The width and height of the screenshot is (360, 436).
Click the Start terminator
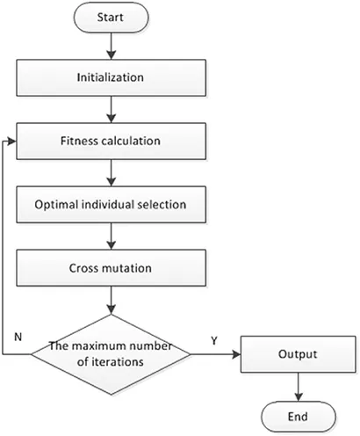click(x=111, y=18)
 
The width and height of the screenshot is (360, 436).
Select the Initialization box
click(x=111, y=77)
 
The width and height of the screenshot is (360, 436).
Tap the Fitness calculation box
click(x=111, y=142)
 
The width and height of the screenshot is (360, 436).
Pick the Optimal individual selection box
click(x=111, y=205)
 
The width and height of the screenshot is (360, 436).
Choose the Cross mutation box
click(x=111, y=268)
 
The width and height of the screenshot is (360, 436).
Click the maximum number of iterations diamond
click(x=111, y=354)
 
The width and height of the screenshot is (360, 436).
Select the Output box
click(x=299, y=354)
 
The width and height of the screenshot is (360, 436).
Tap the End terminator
click(x=299, y=417)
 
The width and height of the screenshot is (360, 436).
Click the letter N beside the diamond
click(x=18, y=337)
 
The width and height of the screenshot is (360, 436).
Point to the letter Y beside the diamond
click(x=214, y=340)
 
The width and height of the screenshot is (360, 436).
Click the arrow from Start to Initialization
click(x=112, y=46)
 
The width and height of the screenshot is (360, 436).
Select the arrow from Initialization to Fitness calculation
click(x=112, y=109)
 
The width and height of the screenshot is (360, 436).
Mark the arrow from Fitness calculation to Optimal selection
click(x=112, y=173)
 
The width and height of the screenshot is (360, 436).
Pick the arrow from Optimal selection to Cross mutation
click(x=112, y=236)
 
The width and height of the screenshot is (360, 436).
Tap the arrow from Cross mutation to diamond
click(x=112, y=301)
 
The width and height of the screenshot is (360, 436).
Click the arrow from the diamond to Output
click(x=216, y=354)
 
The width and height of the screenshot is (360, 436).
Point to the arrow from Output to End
click(x=299, y=387)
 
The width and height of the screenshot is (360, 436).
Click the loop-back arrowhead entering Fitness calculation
click(x=12, y=142)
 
